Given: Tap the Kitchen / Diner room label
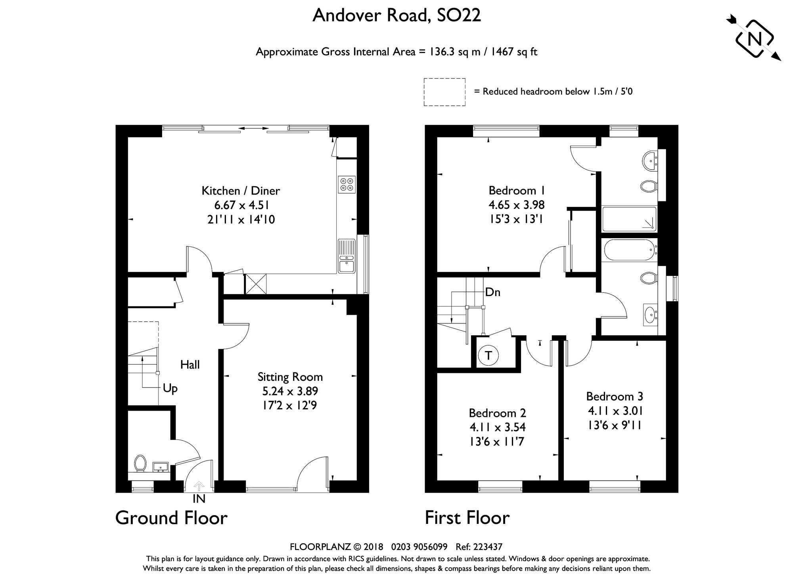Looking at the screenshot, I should [241, 191].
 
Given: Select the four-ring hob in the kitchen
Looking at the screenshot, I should [347, 185].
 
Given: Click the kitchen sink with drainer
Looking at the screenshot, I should [347, 256].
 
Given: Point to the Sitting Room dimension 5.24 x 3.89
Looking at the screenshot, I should [290, 391].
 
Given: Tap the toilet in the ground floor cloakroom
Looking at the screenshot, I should [140, 463].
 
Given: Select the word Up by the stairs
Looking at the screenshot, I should [170, 388].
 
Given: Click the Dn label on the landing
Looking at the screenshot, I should [493, 292].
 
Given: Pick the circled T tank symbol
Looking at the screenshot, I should [488, 355].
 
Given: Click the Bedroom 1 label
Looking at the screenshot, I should [517, 191].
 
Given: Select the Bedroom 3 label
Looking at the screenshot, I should [615, 396].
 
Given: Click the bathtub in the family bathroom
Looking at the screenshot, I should [629, 250].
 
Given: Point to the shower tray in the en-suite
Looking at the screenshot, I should [629, 219].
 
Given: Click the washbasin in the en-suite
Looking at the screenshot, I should [649, 160].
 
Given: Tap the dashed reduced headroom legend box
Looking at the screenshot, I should [444, 92].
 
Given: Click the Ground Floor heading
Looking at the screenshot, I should [171, 518].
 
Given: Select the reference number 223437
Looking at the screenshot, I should [488, 547].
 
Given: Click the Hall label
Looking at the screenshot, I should [190, 365].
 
